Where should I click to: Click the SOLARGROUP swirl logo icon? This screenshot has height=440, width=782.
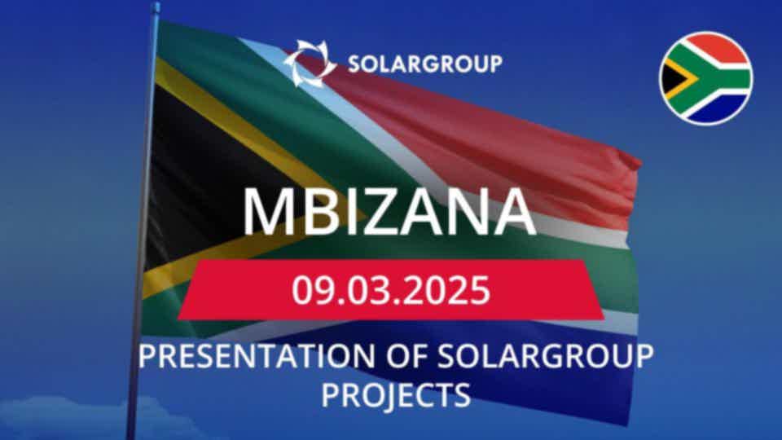coord(310,64)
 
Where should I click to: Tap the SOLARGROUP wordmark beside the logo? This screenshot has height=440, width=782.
coord(425,64)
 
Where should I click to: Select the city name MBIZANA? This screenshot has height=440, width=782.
coord(389,212)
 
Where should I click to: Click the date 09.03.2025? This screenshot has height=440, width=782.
coord(391,290)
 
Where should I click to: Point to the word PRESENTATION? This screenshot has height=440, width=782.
coord(257,356)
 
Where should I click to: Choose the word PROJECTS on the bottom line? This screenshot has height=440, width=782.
coord(396,395)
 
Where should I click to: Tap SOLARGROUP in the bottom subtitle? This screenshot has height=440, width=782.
coord(545,356)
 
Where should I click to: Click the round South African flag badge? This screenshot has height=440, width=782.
coord(705,79)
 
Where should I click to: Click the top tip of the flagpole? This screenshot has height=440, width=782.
coord(156,4)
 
